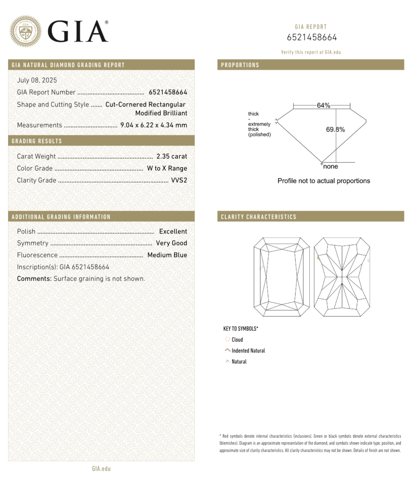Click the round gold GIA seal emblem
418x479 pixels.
(x=26, y=31)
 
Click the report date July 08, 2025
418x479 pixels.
(x=37, y=80)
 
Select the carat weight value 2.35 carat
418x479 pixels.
(x=172, y=156)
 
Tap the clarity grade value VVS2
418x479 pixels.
(x=179, y=180)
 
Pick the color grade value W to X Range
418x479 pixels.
(x=167, y=168)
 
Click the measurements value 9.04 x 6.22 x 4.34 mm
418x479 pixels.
(x=153, y=125)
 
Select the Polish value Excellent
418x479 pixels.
(x=173, y=231)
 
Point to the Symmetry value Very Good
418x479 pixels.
(x=171, y=243)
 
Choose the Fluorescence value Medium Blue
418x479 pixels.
(x=167, y=255)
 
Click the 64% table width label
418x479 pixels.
(x=323, y=105)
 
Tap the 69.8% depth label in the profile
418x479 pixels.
(x=335, y=129)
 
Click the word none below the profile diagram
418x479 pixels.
(x=330, y=167)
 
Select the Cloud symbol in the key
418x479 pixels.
(x=228, y=339)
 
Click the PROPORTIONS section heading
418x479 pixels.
(x=240, y=65)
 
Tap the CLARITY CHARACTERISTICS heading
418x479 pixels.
(x=258, y=217)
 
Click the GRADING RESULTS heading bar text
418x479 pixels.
(x=37, y=141)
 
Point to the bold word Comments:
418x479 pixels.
(x=34, y=279)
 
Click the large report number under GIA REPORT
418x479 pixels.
(x=312, y=37)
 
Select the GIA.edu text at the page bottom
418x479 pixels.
(x=101, y=469)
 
